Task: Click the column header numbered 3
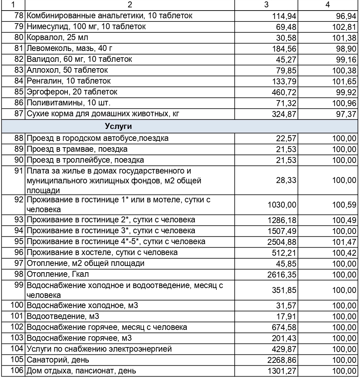(266, 5)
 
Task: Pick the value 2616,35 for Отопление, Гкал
(282, 275)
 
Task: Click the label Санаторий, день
(58, 360)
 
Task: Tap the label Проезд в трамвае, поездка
(77, 149)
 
